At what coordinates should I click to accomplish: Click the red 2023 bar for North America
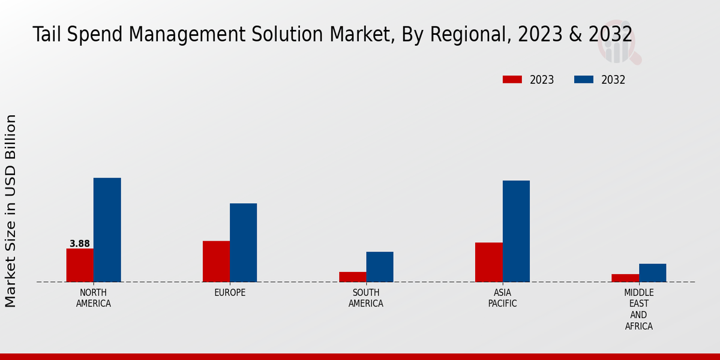[x=80, y=265]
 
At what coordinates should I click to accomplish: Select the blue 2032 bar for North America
[x=107, y=230]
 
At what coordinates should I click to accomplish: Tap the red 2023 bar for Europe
[x=216, y=262]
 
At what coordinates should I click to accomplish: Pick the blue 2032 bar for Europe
[x=243, y=242]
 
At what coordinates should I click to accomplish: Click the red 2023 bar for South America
[x=352, y=277]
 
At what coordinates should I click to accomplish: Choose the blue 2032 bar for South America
[x=380, y=266]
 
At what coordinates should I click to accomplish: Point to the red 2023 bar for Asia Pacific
[x=488, y=262]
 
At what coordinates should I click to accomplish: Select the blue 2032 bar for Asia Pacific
[x=516, y=231]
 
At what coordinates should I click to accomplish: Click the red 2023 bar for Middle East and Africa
[x=625, y=278]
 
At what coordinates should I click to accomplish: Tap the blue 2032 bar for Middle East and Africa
[x=652, y=272]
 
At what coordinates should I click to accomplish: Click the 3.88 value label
[x=80, y=244]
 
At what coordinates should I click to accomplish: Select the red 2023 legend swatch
[x=512, y=80]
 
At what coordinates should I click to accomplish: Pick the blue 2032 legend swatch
[x=584, y=80]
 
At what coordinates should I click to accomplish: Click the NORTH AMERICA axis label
[x=93, y=298]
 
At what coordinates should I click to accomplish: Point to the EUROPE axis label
[x=230, y=292]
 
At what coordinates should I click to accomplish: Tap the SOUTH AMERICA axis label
[x=366, y=298]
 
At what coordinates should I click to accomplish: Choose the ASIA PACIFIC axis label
[x=502, y=298]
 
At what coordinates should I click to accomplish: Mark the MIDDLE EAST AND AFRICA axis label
[x=638, y=309]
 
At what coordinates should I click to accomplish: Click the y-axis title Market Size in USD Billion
[x=11, y=211]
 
